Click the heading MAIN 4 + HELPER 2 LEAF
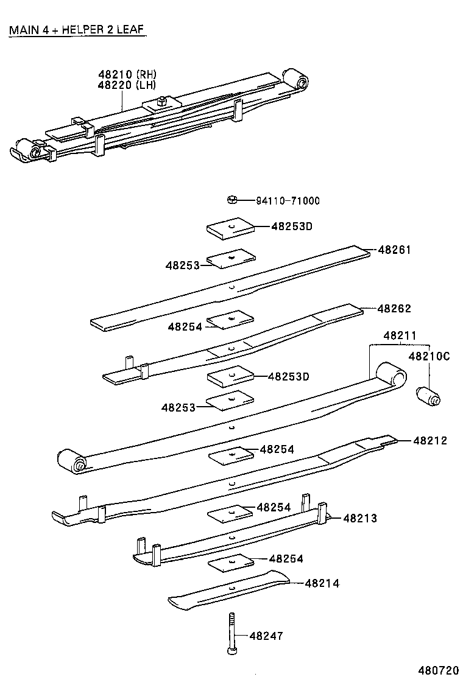tap(77, 30)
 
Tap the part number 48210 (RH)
tap(127, 74)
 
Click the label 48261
tap(394, 250)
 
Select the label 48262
tap(394, 309)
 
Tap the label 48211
tap(400, 335)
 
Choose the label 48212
tap(430, 440)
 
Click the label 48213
tap(360, 518)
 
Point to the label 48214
tap(322, 583)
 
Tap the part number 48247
tap(266, 636)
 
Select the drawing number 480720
tap(437, 670)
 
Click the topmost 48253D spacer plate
tap(230, 228)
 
